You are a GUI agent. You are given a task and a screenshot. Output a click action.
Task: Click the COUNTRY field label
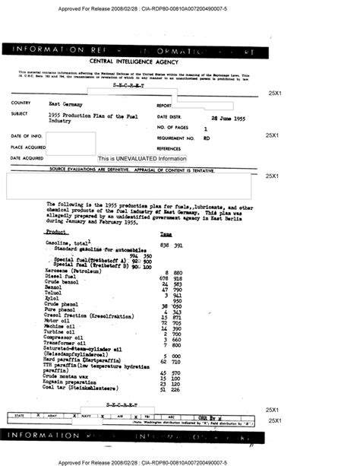21,103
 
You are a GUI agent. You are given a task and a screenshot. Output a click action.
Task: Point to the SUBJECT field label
21,113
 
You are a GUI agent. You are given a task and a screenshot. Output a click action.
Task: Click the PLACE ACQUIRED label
28,147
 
